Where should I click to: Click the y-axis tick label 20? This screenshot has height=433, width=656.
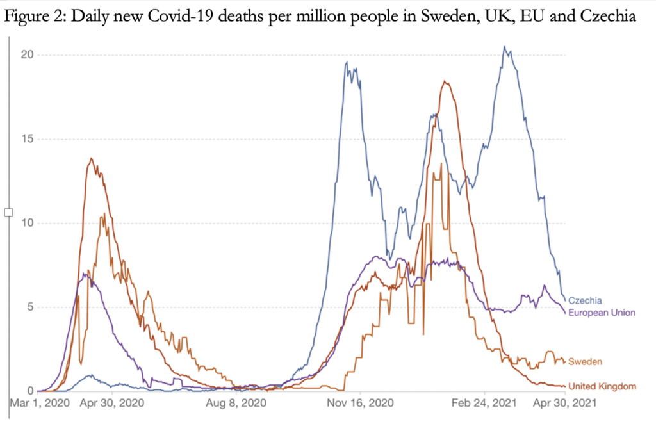pyautogui.click(x=26, y=55)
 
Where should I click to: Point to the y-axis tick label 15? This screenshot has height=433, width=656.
pyautogui.click(x=26, y=139)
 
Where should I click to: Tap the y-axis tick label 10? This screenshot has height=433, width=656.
pyautogui.click(x=26, y=223)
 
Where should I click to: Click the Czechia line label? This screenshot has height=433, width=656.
pyautogui.click(x=585, y=300)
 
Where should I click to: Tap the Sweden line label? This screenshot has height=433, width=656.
pyautogui.click(x=585, y=362)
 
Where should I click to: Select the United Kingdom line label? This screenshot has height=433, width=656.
pyautogui.click(x=602, y=386)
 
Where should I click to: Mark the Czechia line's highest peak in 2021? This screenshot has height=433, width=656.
pyautogui.click(x=505, y=47)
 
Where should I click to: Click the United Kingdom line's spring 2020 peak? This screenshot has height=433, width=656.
pyautogui.click(x=92, y=158)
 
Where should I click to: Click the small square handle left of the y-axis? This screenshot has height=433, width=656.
pyautogui.click(x=8, y=212)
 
